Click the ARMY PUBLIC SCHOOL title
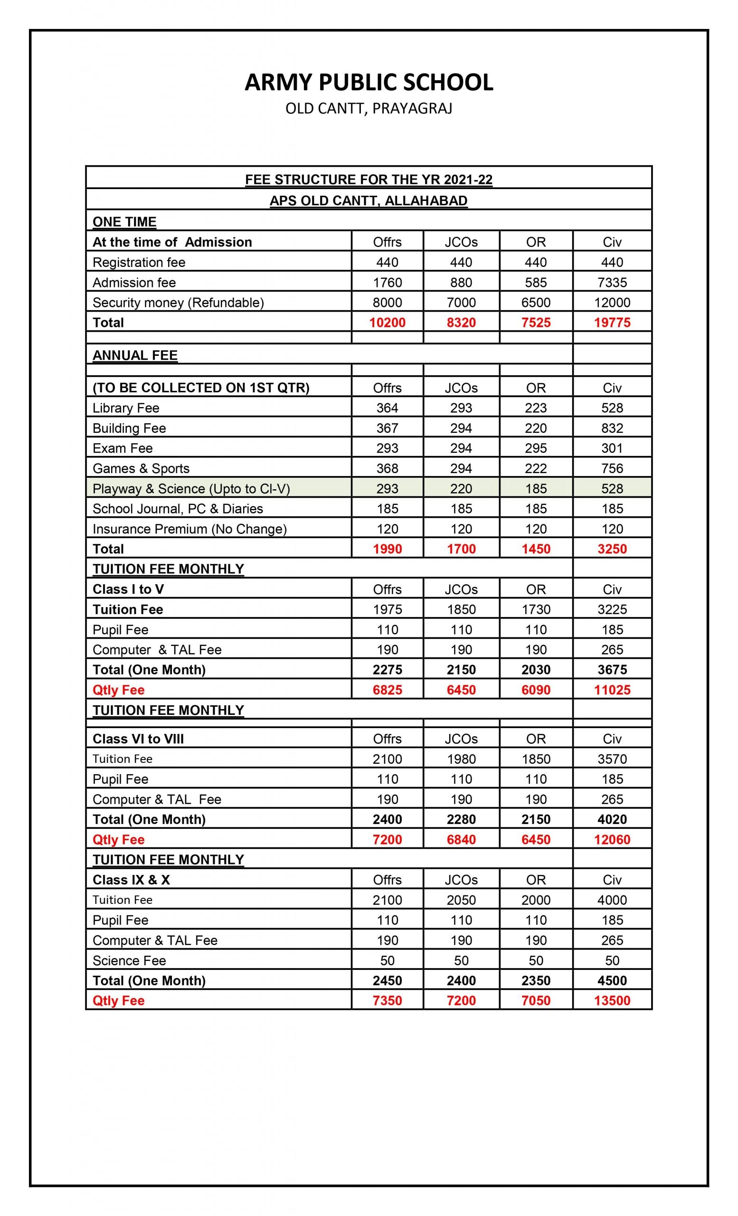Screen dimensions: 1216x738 coord(369,83)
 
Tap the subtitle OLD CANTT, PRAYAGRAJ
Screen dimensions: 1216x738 coord(369,109)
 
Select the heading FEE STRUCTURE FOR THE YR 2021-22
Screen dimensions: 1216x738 coord(369,180)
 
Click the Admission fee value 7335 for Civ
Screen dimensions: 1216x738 coord(612,282)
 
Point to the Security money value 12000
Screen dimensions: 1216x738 coord(612,303)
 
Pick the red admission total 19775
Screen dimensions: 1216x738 coord(612,323)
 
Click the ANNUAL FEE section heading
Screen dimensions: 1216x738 coord(135,355)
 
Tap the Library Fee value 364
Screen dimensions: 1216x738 coord(387,408)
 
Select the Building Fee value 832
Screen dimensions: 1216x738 coord(612,428)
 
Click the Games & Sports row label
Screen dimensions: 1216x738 coord(141,468)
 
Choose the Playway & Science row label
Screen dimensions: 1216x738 coord(191,489)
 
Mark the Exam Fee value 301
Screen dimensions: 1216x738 coord(612,448)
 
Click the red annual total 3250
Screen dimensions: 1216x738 coord(612,549)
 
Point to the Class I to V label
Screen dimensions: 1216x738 coord(128,589)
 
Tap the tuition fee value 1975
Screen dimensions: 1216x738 coord(387,609)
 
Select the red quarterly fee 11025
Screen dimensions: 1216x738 coord(612,690)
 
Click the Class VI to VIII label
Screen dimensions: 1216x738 coord(138,739)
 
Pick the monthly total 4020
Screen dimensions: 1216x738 coord(612,819)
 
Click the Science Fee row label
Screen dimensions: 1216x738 coord(129,960)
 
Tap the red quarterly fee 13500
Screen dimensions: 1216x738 coord(612,1000)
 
